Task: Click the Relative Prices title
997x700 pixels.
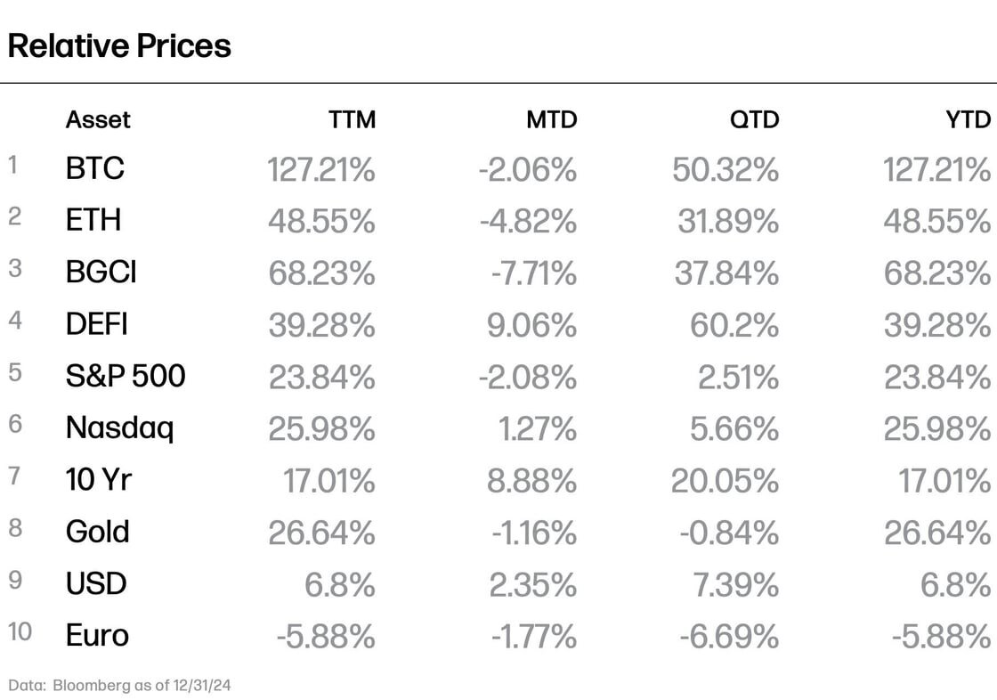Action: [x=119, y=45]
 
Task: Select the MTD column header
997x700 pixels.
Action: [x=552, y=119]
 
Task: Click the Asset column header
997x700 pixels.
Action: [x=98, y=119]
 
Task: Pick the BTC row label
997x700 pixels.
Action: [x=95, y=168]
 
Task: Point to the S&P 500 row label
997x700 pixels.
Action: [x=126, y=376]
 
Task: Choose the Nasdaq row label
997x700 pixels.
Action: [x=119, y=428]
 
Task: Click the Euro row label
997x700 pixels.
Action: [x=97, y=636]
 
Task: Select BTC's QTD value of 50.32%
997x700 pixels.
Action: [x=725, y=169]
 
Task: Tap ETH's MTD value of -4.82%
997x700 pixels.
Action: [x=528, y=221]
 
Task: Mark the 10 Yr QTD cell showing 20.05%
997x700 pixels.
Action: [x=725, y=481]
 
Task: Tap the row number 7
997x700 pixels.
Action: [x=14, y=476]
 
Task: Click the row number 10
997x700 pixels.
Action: [x=20, y=632]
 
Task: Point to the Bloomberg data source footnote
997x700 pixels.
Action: [x=120, y=685]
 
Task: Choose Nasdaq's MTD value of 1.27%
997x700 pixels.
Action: [x=538, y=428]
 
